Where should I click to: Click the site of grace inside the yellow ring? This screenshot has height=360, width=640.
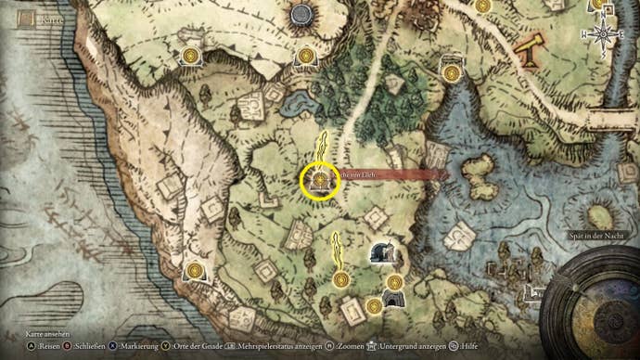pos(321,178)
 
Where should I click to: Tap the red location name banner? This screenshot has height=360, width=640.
pos(390,174)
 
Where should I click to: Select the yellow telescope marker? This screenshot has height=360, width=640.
pos(531,50)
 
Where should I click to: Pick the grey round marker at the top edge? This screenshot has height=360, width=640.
pos(301,14)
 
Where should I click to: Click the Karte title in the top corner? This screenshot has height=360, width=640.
pos(43,17)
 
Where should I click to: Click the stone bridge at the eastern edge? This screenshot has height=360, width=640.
pos(608,121)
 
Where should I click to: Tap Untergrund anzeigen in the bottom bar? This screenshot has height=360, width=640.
pos(413,345)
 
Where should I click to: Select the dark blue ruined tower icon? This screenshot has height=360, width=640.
pos(379,251)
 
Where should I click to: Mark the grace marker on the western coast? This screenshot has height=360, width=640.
pos(194,270)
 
